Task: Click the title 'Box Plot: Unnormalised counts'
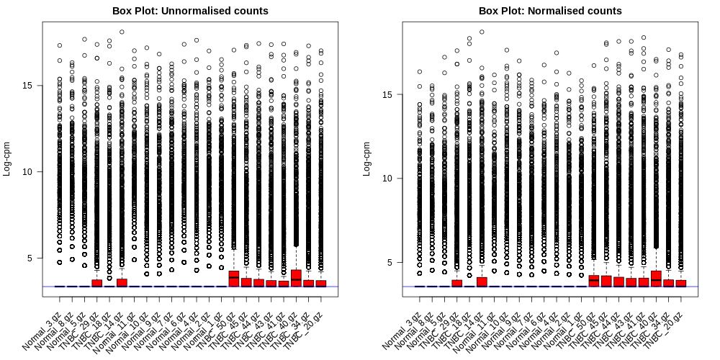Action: [190, 11]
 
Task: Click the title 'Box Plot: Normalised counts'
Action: [550, 11]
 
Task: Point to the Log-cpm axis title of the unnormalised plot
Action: [8, 158]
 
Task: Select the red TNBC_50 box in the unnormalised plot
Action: [233, 279]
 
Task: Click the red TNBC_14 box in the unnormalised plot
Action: [122, 282]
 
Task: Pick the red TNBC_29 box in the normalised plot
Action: [456, 283]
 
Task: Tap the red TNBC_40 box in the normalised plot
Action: [656, 279]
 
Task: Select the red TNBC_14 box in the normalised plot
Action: [482, 282]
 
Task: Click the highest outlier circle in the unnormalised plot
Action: [122, 32]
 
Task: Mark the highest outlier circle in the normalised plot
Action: [482, 32]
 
